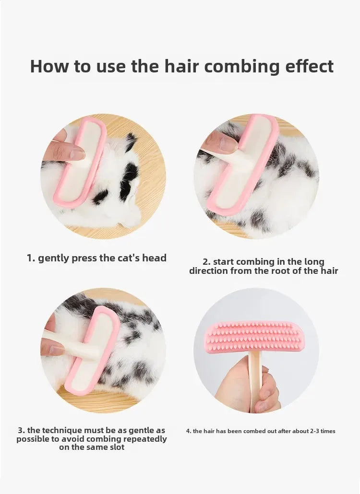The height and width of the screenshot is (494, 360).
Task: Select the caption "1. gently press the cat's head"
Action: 96,258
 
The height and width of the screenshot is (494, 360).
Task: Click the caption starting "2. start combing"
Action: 264,266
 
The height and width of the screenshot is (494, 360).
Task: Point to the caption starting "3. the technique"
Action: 92,439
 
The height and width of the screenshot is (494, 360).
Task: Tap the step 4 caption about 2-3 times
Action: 261,431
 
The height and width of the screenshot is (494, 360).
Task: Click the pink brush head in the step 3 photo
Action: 94,350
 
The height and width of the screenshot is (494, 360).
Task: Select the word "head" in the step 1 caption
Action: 154,258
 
